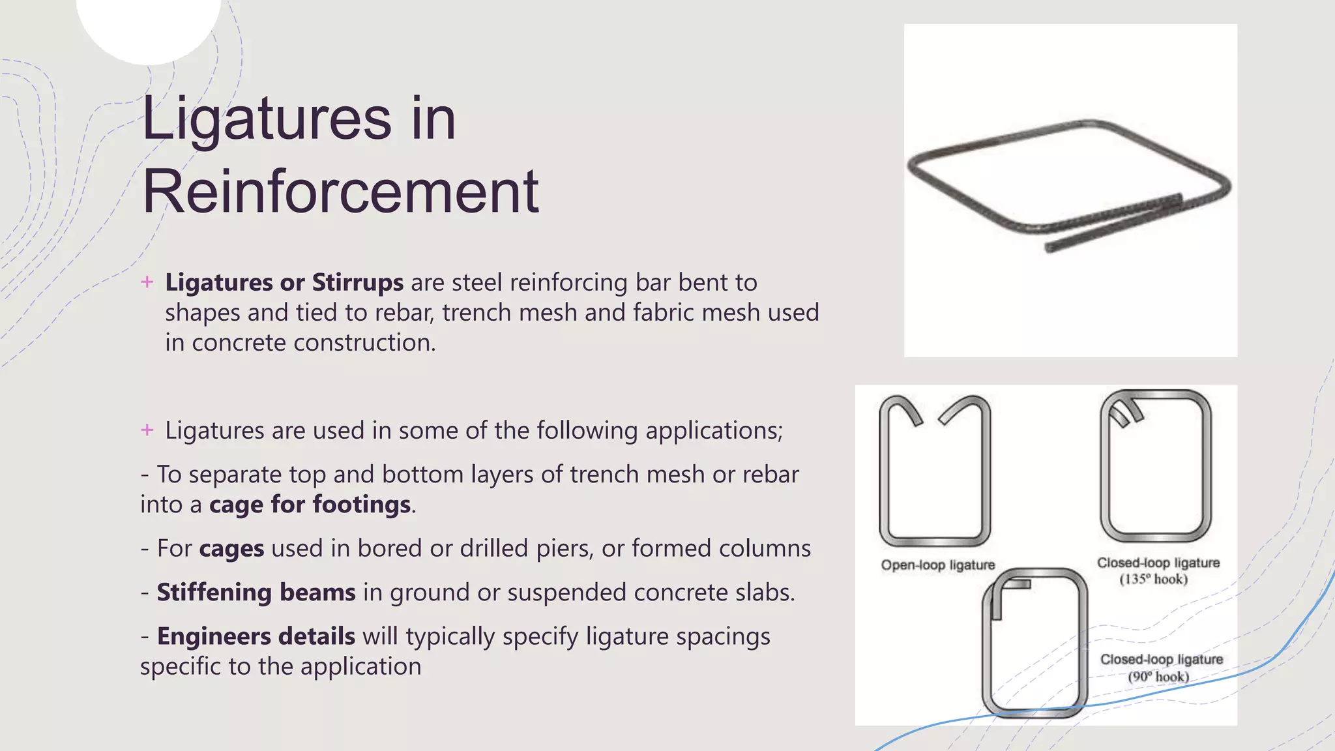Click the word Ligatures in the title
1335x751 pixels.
[x=266, y=119]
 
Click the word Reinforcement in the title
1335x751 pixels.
[x=340, y=192]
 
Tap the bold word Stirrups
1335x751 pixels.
[x=358, y=283]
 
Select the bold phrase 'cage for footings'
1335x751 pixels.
[x=310, y=505]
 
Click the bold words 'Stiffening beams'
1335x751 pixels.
[x=256, y=593]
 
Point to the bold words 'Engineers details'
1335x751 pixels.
[x=256, y=636]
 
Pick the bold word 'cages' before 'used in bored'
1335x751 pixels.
[x=231, y=549]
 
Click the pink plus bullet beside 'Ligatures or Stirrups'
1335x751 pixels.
[x=147, y=282]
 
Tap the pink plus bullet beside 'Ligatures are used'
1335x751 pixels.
[x=147, y=430]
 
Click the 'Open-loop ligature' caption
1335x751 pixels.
[x=938, y=565]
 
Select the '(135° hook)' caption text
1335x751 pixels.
[x=1153, y=580]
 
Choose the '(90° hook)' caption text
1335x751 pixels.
[x=1158, y=677]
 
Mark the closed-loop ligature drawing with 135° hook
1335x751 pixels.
[x=1155, y=466]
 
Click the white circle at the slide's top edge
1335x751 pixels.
[x=149, y=26]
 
